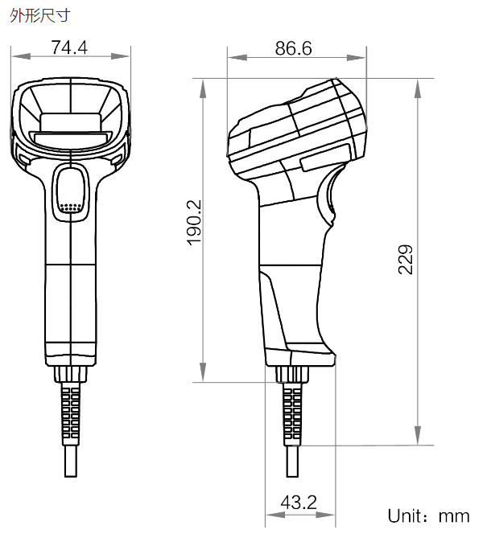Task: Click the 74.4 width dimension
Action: [70, 47]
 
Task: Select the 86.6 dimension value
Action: [294, 48]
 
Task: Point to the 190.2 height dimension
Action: [194, 223]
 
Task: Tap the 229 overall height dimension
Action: [406, 260]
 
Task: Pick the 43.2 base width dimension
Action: [299, 503]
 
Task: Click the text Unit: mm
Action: [428, 515]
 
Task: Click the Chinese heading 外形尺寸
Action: [39, 15]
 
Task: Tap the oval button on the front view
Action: [71, 192]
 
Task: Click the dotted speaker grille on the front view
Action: [71, 207]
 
